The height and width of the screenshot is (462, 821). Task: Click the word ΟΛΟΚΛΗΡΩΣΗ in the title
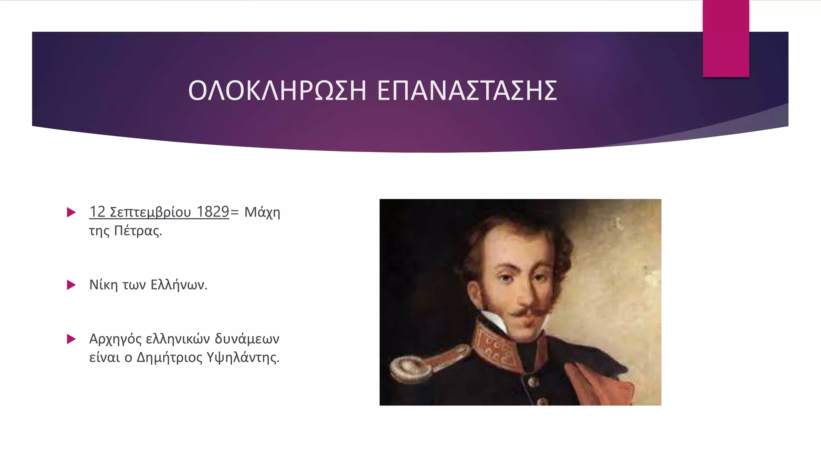277,91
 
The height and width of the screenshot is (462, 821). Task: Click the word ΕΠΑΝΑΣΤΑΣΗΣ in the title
467,91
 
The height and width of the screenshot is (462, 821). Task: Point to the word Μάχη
262,212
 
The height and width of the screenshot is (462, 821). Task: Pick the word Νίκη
103,285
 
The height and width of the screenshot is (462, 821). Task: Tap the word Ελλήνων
179,285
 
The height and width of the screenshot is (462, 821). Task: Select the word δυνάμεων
247,339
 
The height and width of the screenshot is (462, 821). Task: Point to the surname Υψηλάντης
243,357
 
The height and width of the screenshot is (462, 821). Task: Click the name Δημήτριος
170,357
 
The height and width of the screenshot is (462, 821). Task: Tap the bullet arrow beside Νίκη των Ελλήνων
71,285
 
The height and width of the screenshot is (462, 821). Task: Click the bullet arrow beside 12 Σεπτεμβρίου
71,212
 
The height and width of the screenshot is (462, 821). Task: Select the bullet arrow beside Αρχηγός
71,339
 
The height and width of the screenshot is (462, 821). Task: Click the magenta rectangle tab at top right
726,38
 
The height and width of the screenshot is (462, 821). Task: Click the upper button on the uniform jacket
533,381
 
